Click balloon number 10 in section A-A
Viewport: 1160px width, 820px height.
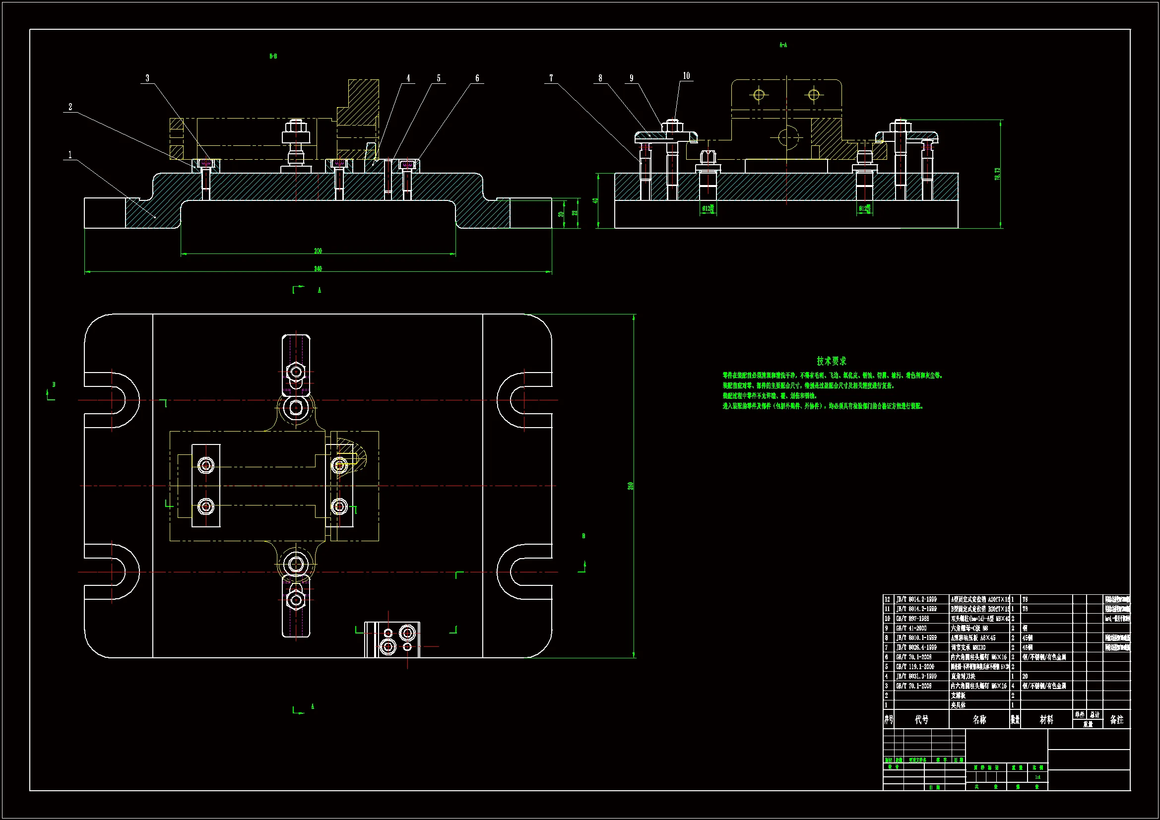pos(686,76)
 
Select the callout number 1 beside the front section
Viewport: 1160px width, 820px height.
pos(70,155)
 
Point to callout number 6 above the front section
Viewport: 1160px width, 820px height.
pos(477,78)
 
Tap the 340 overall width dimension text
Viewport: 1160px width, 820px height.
pos(318,268)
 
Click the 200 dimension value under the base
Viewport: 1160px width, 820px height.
pos(318,251)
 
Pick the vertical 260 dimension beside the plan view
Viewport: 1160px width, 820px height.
pos(631,486)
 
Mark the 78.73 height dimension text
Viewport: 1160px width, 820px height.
pos(997,174)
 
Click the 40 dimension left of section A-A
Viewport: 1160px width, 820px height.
pos(596,200)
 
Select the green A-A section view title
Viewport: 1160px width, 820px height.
pos(782,45)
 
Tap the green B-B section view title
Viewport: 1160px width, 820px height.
pos(273,56)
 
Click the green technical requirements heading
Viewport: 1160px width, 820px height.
pos(831,361)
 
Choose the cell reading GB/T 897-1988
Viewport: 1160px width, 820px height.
pos(912,619)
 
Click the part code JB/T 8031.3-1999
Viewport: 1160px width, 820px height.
pos(916,676)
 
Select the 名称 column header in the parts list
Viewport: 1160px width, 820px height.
pos(979,719)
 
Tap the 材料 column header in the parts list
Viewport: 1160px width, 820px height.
pos(1046,719)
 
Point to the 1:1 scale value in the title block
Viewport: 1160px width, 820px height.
pos(1037,777)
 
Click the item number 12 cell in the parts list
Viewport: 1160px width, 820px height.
pos(888,599)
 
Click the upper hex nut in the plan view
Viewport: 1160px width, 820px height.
pos(296,373)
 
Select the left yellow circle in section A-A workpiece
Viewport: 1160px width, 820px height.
pos(759,94)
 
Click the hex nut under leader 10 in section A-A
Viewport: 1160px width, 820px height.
pos(672,125)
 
